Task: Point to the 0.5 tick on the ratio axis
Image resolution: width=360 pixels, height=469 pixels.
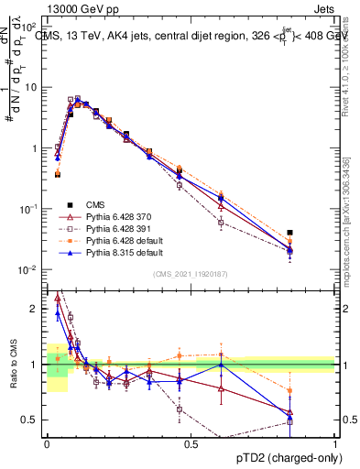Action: pos(33,420)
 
